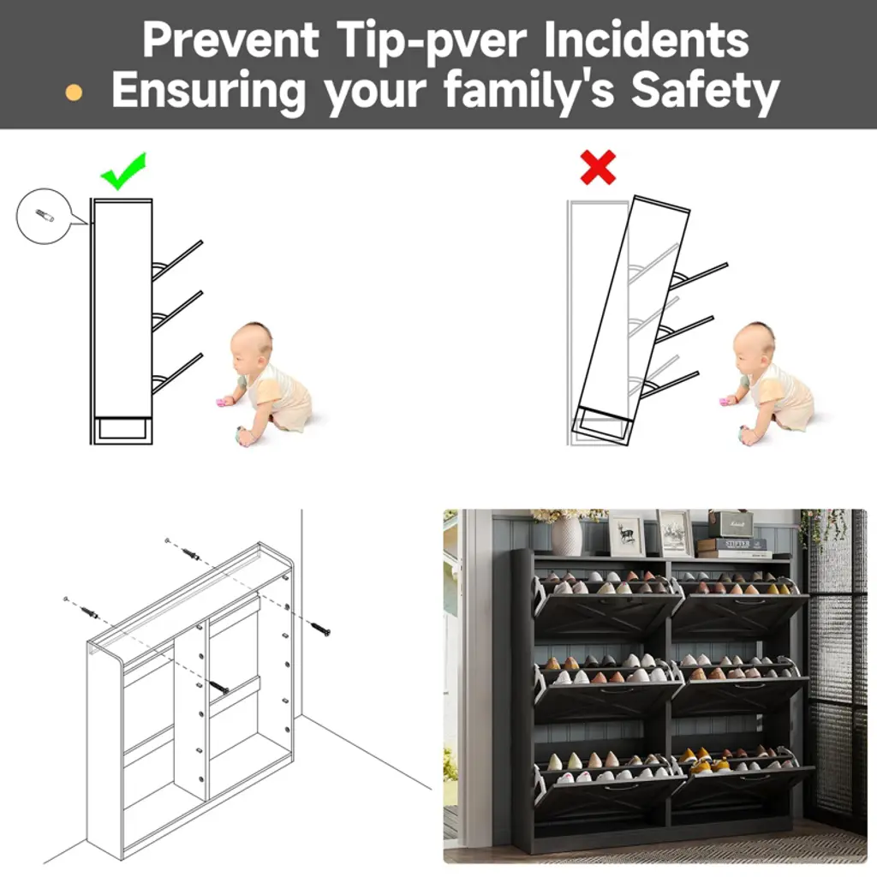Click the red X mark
[x=598, y=167]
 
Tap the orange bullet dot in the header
[x=74, y=92]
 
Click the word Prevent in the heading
[x=230, y=40]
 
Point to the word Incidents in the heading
[x=646, y=40]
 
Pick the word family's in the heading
[x=529, y=91]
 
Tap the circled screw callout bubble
[x=45, y=216]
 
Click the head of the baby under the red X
[x=755, y=344]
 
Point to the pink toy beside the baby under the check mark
[x=224, y=403]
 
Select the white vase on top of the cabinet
[x=566, y=535]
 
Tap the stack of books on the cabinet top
[x=734, y=547]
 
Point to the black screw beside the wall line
[x=320, y=629]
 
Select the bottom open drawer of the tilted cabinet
[x=668, y=385]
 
